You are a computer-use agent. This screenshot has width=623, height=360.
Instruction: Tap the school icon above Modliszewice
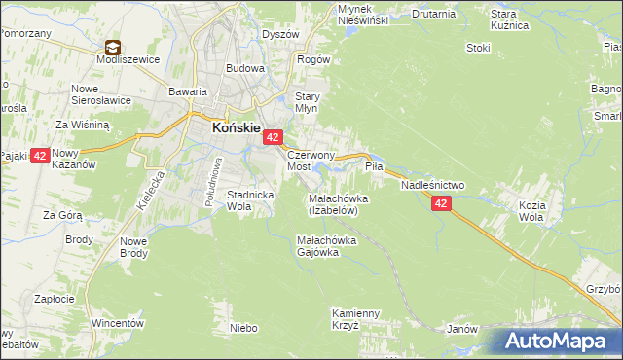(x=113, y=47)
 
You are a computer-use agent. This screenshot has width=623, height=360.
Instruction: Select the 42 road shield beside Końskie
(x=274, y=139)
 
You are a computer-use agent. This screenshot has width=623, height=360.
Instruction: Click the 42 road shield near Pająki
(x=40, y=156)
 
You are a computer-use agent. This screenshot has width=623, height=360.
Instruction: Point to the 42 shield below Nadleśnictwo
(x=442, y=203)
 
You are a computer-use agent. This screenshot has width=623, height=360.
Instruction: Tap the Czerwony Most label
(x=311, y=161)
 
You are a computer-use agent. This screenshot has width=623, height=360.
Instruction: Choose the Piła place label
(x=375, y=167)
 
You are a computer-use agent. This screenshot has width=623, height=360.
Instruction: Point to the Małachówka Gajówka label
(x=331, y=246)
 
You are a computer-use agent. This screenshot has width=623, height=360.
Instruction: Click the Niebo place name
(x=243, y=329)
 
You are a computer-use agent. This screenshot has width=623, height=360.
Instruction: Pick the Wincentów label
(x=118, y=322)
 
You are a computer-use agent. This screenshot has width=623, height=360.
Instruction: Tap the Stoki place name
(x=478, y=47)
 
